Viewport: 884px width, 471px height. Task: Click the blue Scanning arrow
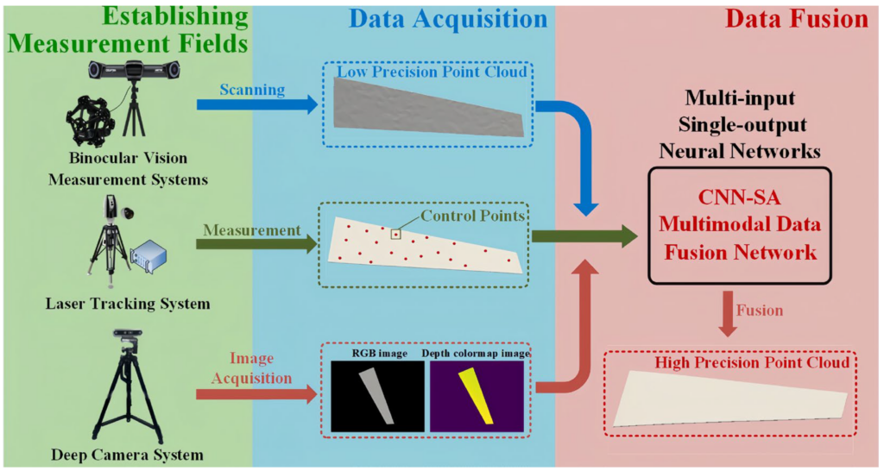click(251, 104)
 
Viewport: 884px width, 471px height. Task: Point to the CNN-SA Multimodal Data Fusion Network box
click(739, 226)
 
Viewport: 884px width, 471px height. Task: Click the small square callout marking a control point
click(395, 233)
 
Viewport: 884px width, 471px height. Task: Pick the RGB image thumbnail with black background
click(378, 396)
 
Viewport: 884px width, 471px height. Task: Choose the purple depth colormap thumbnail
click(477, 396)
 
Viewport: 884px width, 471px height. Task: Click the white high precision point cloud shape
click(729, 397)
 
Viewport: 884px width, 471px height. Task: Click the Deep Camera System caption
click(127, 455)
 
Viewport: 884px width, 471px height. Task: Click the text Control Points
click(472, 216)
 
